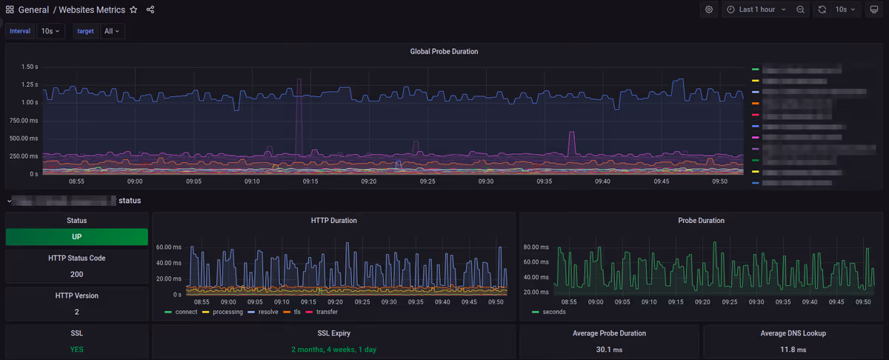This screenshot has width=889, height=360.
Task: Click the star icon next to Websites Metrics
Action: point(133,10)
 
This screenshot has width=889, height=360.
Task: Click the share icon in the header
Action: point(150,10)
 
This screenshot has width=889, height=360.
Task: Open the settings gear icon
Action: point(709,10)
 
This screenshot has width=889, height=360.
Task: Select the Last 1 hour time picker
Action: point(756,10)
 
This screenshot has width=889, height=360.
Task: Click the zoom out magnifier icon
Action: point(801,10)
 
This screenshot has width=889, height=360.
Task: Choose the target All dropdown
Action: point(113,31)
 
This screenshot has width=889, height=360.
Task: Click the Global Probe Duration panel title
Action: point(444,52)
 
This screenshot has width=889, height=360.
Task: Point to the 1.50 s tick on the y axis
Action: point(30,67)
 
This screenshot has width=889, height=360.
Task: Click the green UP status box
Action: point(77,237)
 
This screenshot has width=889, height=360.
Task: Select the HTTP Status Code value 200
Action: point(77,274)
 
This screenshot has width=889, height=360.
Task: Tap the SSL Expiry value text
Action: point(333,349)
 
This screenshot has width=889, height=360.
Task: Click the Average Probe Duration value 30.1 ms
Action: point(609,349)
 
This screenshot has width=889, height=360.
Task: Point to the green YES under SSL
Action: point(77,349)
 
